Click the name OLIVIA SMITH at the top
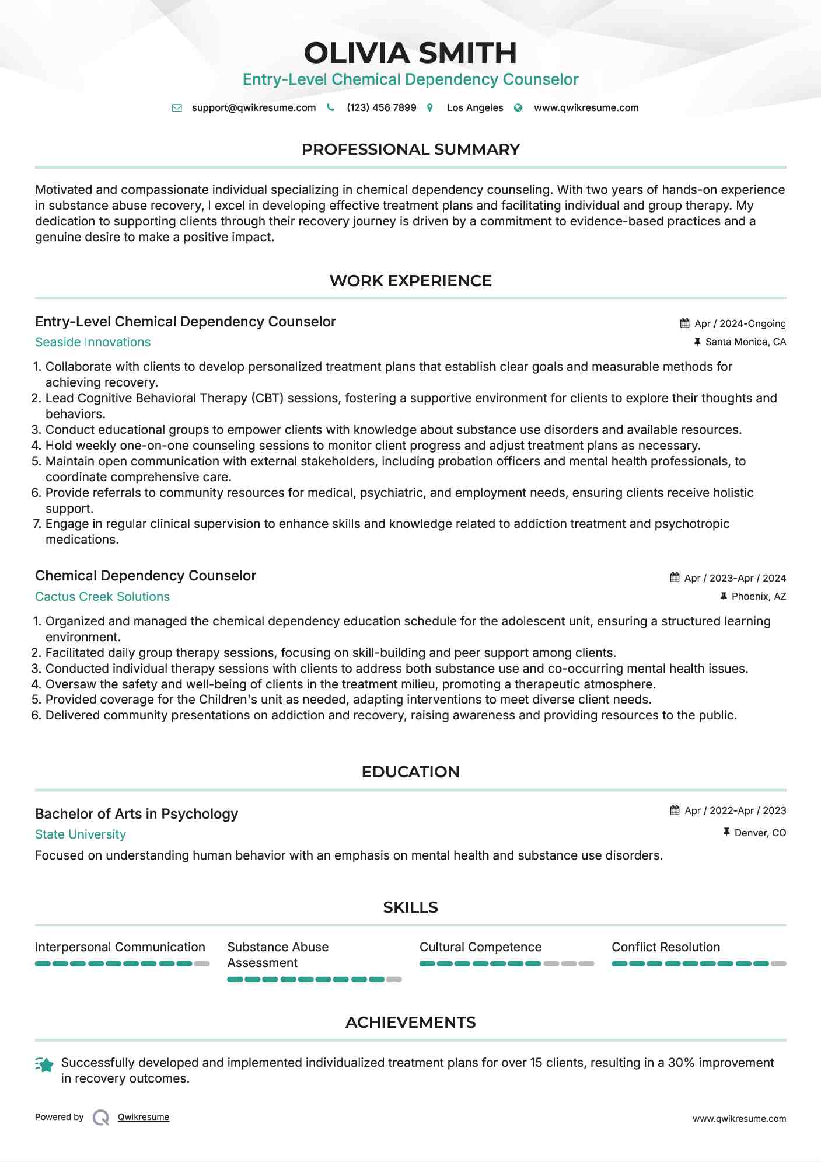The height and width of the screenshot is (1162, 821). [410, 53]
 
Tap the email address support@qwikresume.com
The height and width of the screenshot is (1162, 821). [253, 107]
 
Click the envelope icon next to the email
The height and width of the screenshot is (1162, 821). [177, 108]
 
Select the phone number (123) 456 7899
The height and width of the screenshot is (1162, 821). [381, 107]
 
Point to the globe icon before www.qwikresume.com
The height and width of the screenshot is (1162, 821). [518, 108]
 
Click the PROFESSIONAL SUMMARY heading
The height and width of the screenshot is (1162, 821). [410, 149]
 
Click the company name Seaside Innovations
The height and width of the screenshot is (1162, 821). [93, 342]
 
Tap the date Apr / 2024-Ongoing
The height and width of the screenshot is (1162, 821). [740, 323]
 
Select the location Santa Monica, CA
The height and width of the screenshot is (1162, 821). [745, 342]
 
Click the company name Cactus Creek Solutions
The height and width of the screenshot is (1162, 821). [102, 597]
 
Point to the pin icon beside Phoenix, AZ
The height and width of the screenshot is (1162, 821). [724, 596]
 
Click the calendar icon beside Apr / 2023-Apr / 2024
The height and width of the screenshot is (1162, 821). [675, 577]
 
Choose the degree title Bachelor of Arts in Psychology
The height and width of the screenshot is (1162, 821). [137, 813]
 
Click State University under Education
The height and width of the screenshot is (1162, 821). [81, 834]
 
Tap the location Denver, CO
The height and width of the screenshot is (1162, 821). [760, 833]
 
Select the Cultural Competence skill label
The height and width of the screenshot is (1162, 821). [480, 947]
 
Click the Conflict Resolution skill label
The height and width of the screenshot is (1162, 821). [665, 947]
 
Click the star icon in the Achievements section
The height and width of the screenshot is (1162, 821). [45, 1065]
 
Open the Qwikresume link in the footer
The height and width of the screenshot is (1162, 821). [144, 1117]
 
